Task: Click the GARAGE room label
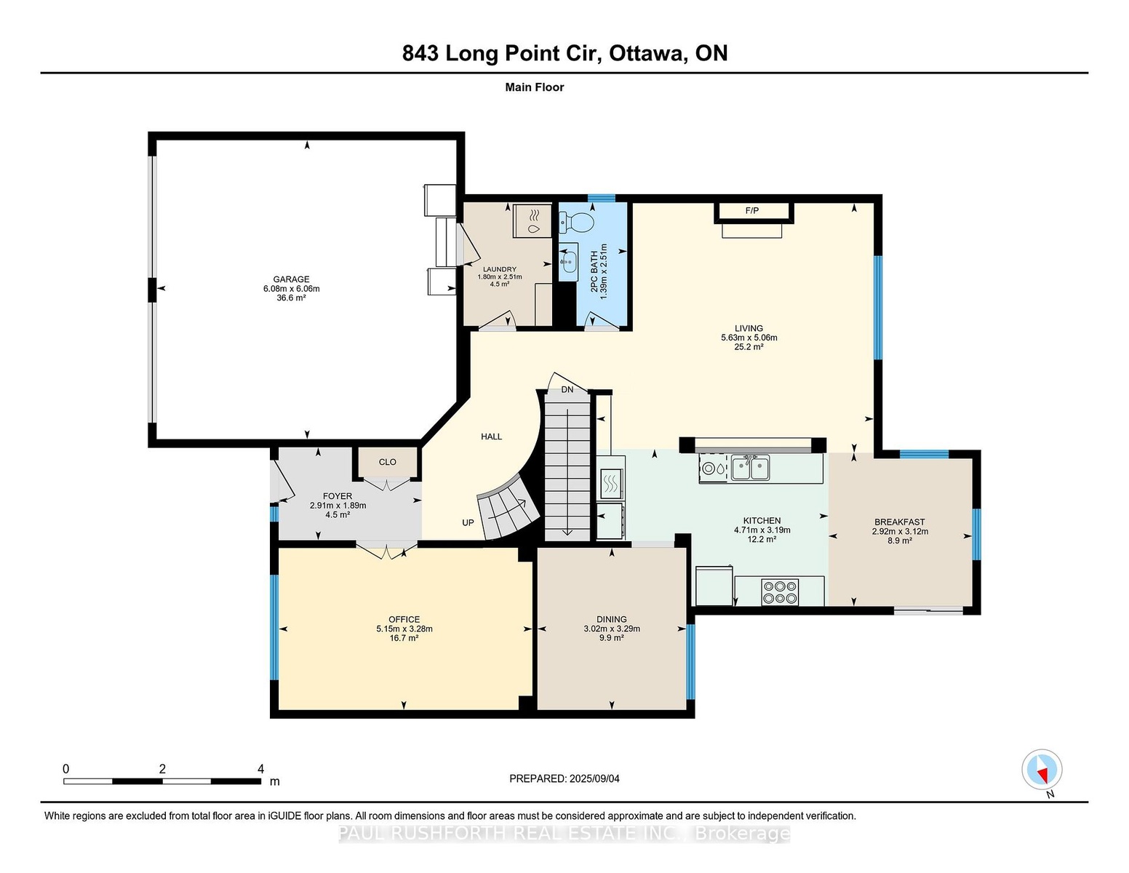pos(292,279)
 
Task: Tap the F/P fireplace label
pos(751,211)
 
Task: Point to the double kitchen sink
pos(751,468)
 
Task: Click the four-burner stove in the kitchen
pos(780,592)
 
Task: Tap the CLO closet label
pos(388,462)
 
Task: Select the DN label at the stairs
pos(567,389)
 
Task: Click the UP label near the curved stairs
pos(468,523)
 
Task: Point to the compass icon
pos(1042,770)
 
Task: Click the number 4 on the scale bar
pos(261,769)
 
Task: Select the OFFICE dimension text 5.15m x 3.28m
pos(404,629)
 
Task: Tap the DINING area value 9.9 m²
pos(612,638)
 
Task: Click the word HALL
pos(492,436)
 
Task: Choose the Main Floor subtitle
pos(535,87)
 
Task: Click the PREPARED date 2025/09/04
pos(594,779)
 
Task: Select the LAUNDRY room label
pos(500,269)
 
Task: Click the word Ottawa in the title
pos(646,54)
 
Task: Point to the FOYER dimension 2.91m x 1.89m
pos(338,506)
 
